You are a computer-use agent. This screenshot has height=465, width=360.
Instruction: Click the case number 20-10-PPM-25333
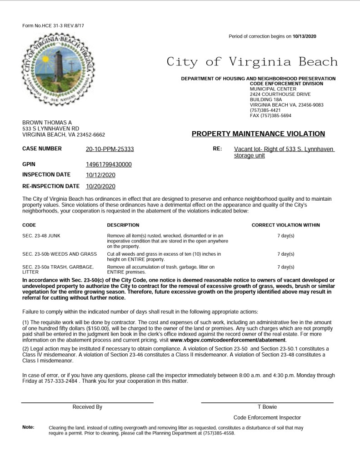click(x=110, y=149)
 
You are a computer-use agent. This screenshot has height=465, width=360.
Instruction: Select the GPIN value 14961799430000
click(x=109, y=164)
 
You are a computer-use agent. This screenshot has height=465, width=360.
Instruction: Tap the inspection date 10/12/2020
click(x=100, y=175)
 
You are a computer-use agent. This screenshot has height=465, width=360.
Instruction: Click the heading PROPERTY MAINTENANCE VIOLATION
click(x=258, y=134)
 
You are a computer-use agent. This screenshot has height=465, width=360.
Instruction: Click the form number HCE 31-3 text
click(x=53, y=26)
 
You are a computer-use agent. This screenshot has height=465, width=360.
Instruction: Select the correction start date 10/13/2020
click(x=304, y=36)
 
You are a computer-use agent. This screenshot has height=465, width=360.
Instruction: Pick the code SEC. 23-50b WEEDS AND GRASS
click(x=60, y=254)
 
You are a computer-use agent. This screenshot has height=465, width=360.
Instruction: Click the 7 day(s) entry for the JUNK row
click(x=285, y=236)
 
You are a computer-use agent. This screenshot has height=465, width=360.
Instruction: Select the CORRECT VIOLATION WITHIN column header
click(x=285, y=225)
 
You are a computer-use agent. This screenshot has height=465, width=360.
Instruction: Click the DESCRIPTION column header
click(x=123, y=225)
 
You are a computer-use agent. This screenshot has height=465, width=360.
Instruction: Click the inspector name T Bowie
click(x=267, y=407)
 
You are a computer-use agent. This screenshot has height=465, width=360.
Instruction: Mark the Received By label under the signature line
click(x=87, y=407)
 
